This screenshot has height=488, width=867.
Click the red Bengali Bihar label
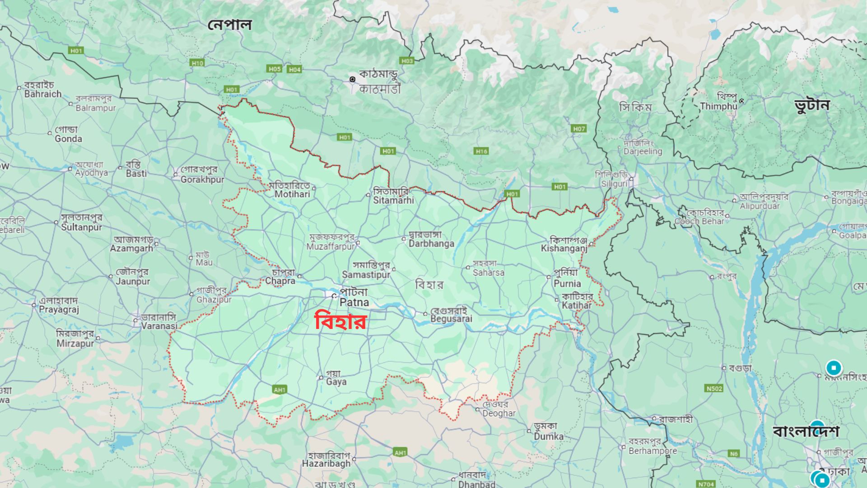coord(340,322)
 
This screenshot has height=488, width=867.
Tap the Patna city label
coord(354,297)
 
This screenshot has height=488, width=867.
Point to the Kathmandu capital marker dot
coord(352,79)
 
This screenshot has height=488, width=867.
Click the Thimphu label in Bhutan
coord(718,102)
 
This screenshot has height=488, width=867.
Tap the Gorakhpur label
coord(202,175)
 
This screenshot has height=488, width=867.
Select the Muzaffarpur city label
coord(331,242)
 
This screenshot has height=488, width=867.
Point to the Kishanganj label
coord(564,244)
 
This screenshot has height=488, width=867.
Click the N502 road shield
coord(714,389)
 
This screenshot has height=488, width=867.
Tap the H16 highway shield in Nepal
coord(481,151)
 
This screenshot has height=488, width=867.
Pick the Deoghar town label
coord(499,409)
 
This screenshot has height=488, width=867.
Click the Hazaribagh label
coord(326,460)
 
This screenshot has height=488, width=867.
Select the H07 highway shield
coord(579,129)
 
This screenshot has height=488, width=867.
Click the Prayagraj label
coord(59,305)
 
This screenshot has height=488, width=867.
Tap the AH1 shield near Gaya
coord(280,389)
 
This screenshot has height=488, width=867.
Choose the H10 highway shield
coord(197,63)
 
